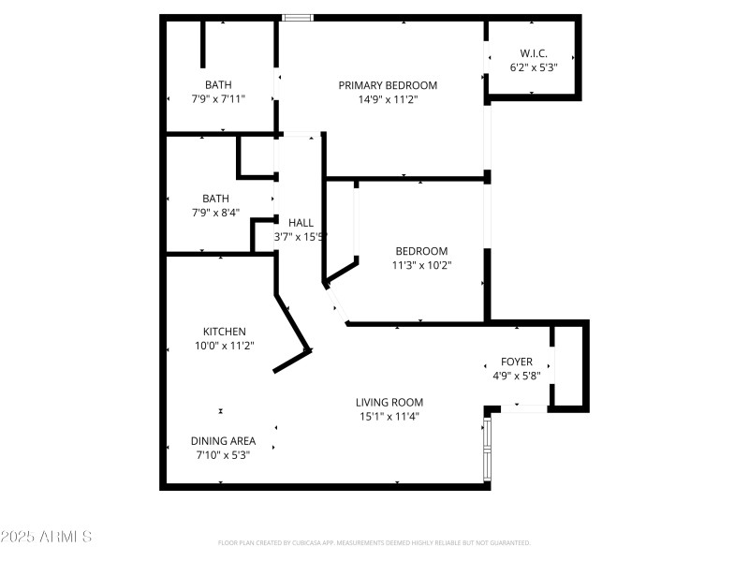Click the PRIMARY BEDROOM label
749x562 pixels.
[x=388, y=85]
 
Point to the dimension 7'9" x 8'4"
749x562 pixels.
[x=215, y=213]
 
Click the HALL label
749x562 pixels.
[x=301, y=223]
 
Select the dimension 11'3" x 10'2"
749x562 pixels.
[x=421, y=265]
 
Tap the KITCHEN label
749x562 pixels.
[x=225, y=332]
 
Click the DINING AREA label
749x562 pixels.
[x=223, y=440]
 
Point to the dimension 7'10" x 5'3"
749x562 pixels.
[x=223, y=454]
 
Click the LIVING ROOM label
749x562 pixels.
[x=389, y=403]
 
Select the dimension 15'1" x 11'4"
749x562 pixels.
[x=389, y=417]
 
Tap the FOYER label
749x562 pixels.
[x=516, y=362]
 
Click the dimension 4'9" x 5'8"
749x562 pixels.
[x=516, y=376]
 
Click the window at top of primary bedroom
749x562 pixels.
[x=298, y=17]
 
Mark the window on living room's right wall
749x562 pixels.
[x=486, y=449]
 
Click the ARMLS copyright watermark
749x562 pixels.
[x=46, y=537]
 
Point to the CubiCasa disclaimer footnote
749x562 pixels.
[x=374, y=542]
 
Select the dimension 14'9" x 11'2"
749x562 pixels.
[x=388, y=99]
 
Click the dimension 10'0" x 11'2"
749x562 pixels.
[x=225, y=346]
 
